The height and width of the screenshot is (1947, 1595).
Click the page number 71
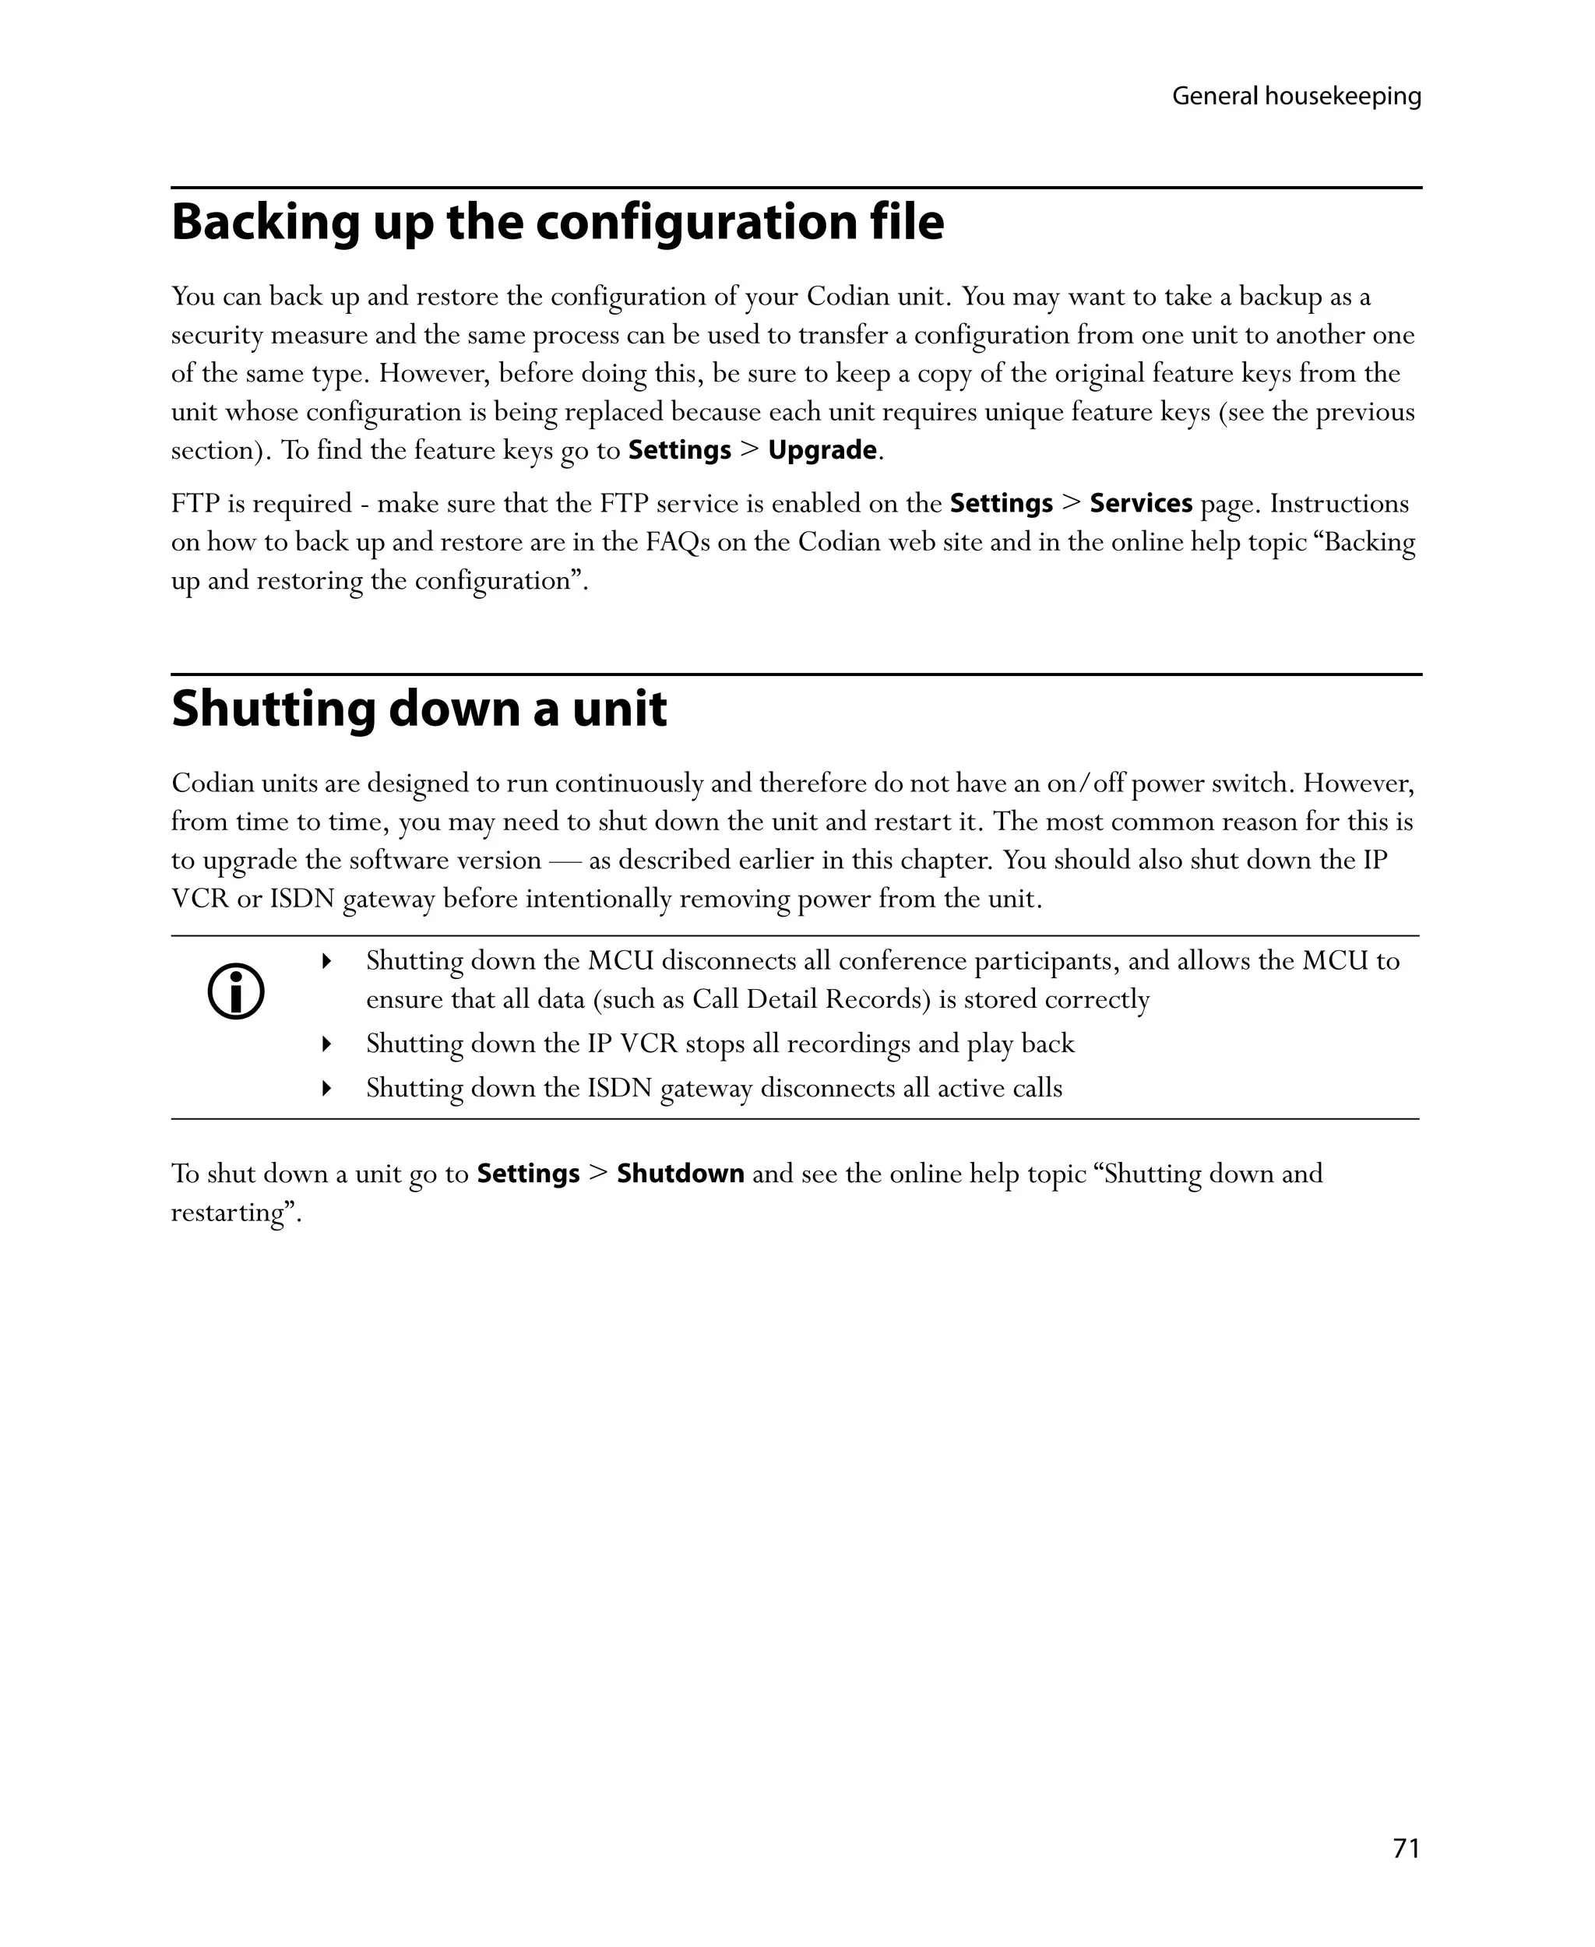tap(1406, 1848)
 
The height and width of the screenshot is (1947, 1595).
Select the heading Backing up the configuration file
tap(557, 223)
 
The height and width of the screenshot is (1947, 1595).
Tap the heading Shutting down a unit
tap(419, 709)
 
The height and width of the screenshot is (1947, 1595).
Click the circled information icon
tap(236, 992)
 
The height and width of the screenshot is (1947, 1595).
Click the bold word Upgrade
tap(822, 450)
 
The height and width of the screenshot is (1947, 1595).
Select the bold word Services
tap(1140, 504)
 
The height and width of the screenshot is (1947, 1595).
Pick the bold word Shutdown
tap(680, 1174)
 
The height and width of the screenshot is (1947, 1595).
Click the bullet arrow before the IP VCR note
tap(326, 1044)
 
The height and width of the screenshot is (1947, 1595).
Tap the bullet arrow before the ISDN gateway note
tap(326, 1089)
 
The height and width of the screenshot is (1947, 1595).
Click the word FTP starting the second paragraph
tap(195, 504)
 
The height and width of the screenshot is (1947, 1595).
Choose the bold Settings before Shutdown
tap(528, 1174)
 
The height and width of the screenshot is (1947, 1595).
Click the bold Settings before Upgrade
tap(679, 450)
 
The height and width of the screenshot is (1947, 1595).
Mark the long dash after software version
tap(564, 861)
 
